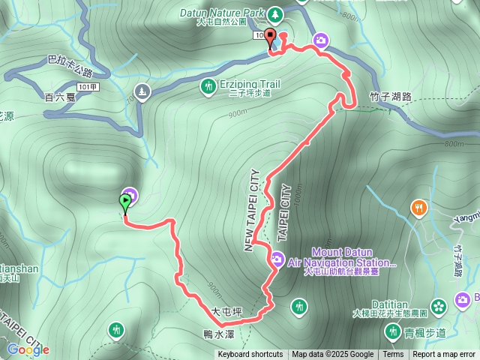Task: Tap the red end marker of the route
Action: tap(270, 37)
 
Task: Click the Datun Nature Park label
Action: tap(223, 13)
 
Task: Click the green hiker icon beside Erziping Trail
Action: tap(207, 88)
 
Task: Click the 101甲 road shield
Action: tap(88, 87)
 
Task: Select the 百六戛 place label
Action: tap(59, 97)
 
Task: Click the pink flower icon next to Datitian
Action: tap(439, 305)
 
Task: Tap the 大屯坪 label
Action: tap(226, 310)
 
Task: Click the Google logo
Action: tap(28, 349)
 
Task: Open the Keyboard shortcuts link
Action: tap(250, 355)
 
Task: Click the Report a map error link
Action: tap(444, 355)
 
